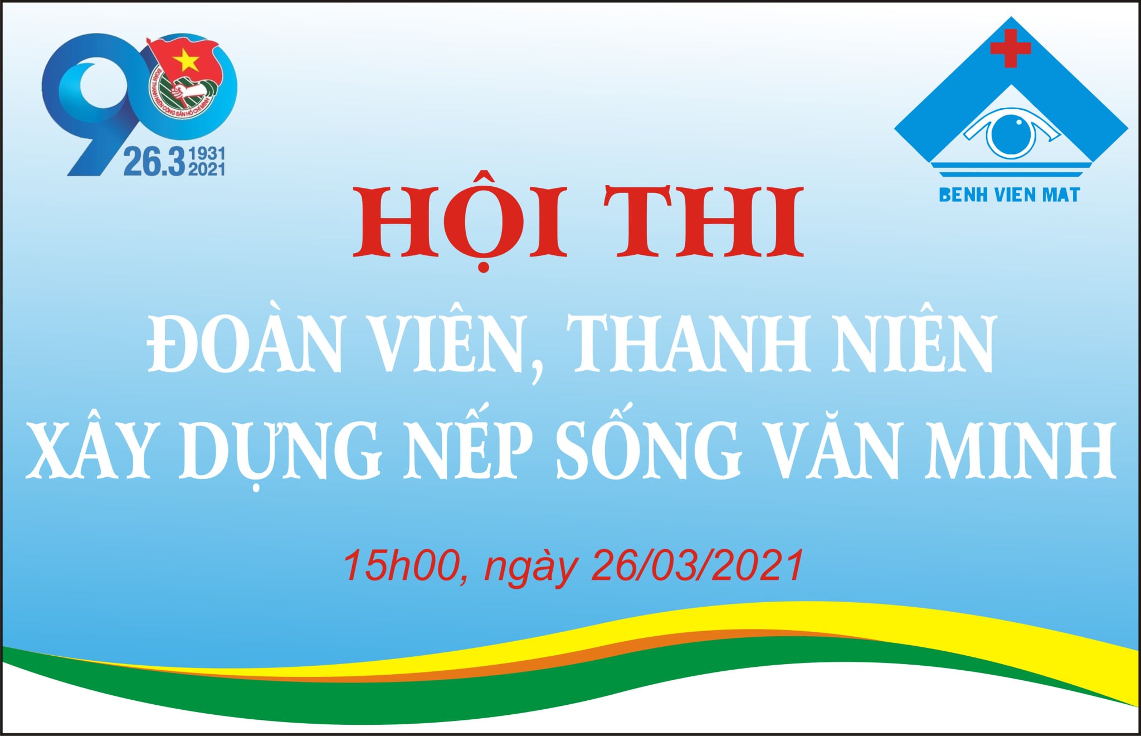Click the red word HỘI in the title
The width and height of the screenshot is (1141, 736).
pos(461,221)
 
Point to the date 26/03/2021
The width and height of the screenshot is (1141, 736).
pos(698,565)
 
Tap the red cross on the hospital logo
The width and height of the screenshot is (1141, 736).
pos(1010,48)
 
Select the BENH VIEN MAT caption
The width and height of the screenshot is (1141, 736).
pos(1009,195)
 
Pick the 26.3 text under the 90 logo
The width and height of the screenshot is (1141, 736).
pos(154,162)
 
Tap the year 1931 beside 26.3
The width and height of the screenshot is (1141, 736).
pos(207,154)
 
